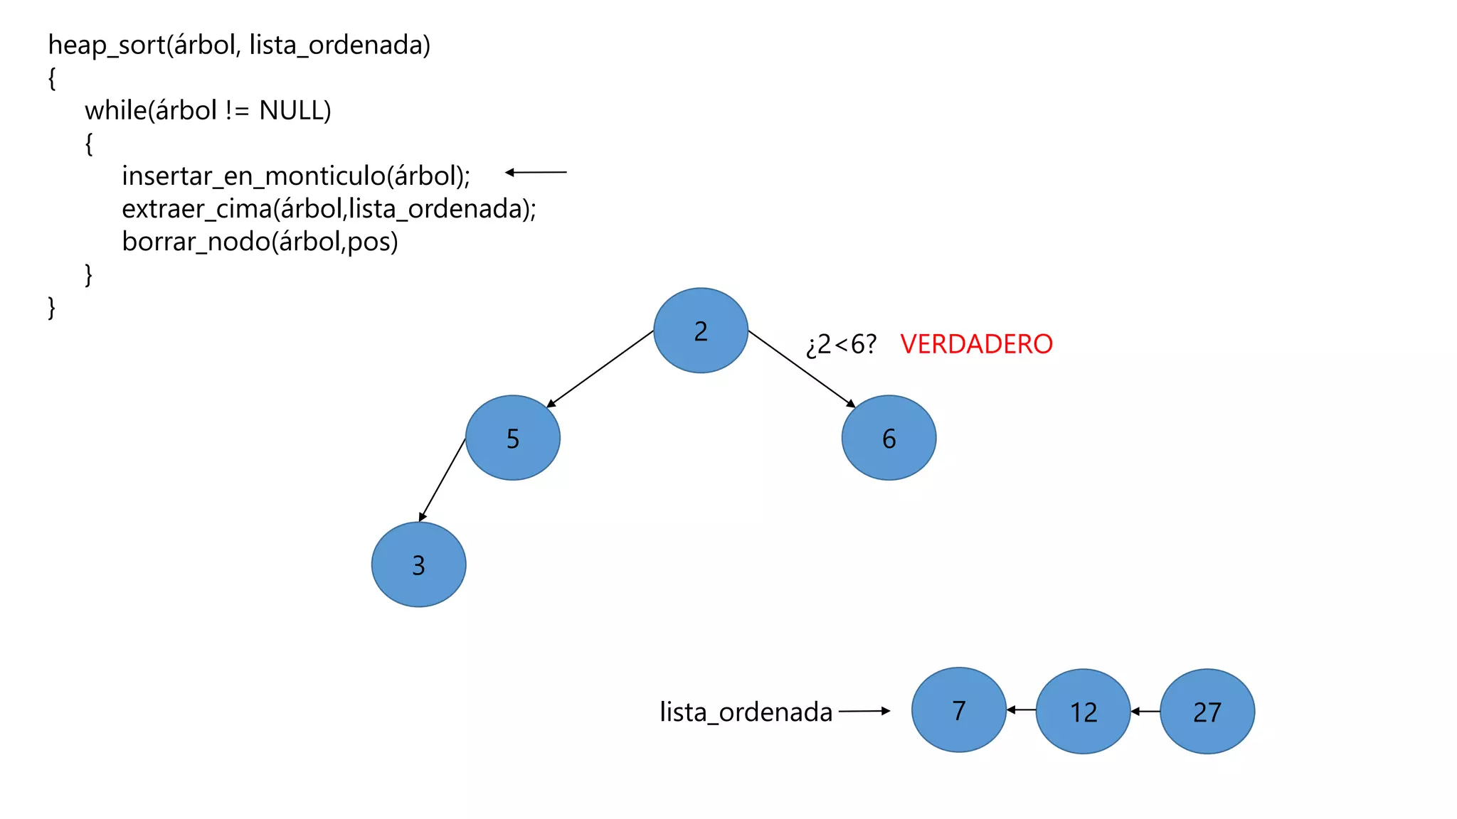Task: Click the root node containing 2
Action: [701, 331]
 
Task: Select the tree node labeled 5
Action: [513, 438]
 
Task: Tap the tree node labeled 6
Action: [889, 438]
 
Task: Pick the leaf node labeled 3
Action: [418, 564]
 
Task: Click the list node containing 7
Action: [958, 710]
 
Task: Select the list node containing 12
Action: [1083, 711]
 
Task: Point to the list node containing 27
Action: [1207, 711]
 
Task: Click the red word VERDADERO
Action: [976, 344]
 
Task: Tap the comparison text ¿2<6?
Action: [841, 345]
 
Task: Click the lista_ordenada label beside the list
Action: [746, 712]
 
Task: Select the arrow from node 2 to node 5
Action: [600, 369]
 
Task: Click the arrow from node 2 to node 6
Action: [802, 369]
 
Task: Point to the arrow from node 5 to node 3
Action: [443, 480]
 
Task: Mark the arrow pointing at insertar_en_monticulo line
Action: [536, 172]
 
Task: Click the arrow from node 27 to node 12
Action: [1145, 711]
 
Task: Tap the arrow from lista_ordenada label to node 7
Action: [864, 710]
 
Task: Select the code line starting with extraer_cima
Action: [329, 209]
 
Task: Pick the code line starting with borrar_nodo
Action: [260, 242]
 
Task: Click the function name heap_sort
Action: [107, 45]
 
